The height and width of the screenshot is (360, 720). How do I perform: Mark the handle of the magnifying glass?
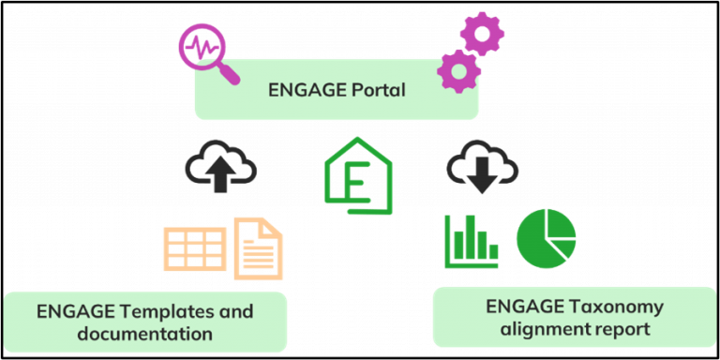click(227, 69)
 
